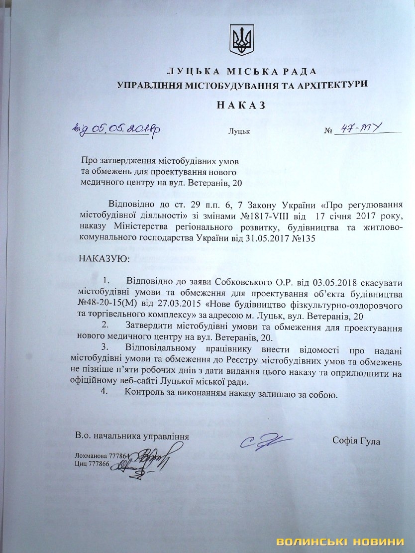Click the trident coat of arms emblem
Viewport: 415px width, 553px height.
point(242,41)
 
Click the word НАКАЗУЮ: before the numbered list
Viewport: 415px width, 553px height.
point(104,259)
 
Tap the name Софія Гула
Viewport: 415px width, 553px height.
point(358,440)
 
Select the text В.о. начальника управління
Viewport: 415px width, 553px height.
point(132,437)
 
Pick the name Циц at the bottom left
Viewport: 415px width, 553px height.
point(81,463)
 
